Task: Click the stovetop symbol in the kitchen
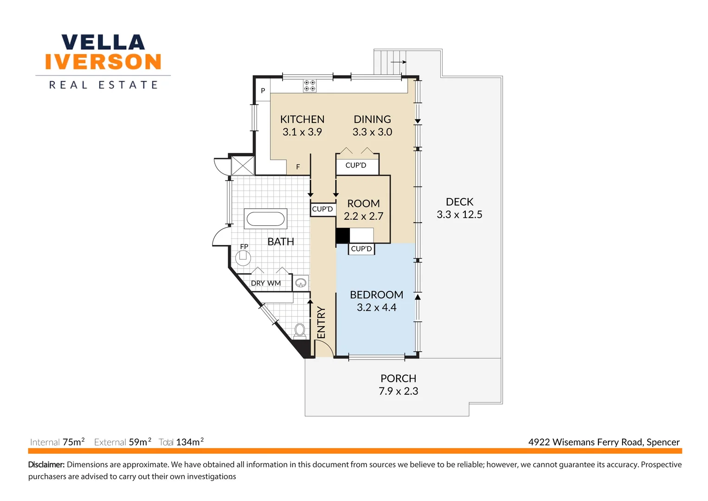click(310, 86)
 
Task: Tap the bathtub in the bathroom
click(265, 219)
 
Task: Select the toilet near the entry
click(300, 330)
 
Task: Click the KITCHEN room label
click(302, 119)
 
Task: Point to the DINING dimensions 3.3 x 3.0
click(372, 132)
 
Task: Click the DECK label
click(459, 202)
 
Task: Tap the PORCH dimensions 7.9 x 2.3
click(398, 392)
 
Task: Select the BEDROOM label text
click(376, 295)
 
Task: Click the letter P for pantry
click(263, 91)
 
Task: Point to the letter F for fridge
click(298, 167)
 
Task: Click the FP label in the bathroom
click(244, 246)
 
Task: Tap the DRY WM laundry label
click(266, 283)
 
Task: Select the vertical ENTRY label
click(321, 322)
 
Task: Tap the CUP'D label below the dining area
click(356, 166)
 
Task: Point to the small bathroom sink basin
click(301, 282)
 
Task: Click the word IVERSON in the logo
click(103, 62)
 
